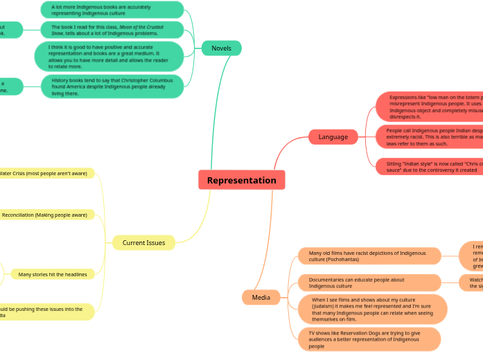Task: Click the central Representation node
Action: (x=241, y=180)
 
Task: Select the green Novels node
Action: (x=221, y=48)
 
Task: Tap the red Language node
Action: (x=333, y=136)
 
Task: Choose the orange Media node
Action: (x=261, y=297)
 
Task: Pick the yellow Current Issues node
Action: (x=143, y=242)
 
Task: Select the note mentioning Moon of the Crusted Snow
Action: (x=112, y=30)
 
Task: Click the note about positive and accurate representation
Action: (x=109, y=57)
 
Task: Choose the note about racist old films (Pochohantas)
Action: (x=369, y=256)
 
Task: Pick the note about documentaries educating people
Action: (x=369, y=282)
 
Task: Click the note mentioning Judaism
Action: (x=372, y=309)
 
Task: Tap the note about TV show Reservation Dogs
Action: (x=369, y=339)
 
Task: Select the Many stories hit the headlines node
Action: (x=53, y=274)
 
